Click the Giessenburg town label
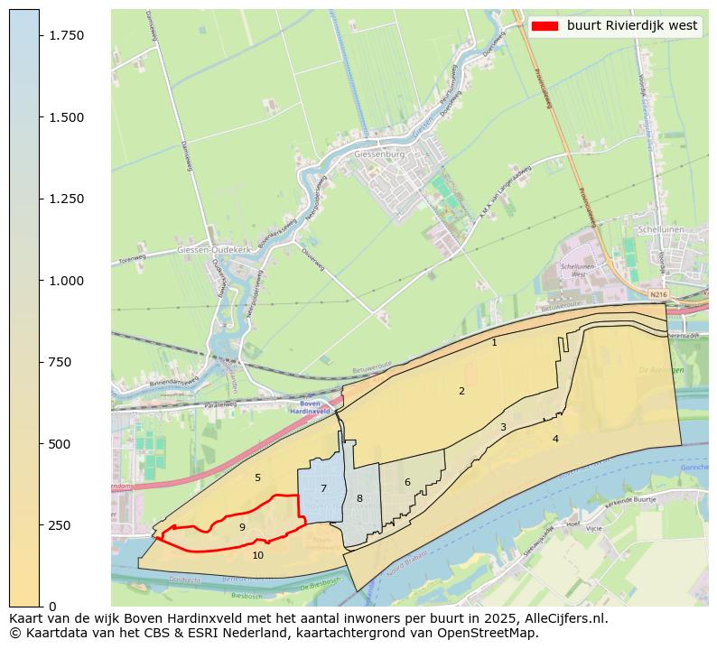[x=380, y=154]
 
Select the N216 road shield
[x=658, y=294]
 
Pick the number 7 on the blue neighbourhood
[x=323, y=489]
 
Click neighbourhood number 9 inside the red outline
[x=242, y=527]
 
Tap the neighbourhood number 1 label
[x=494, y=343]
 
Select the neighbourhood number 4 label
[x=555, y=439]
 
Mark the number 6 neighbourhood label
[x=407, y=482]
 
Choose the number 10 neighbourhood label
[x=258, y=556]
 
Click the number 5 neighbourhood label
[x=257, y=477]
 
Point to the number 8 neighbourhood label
[x=359, y=498]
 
